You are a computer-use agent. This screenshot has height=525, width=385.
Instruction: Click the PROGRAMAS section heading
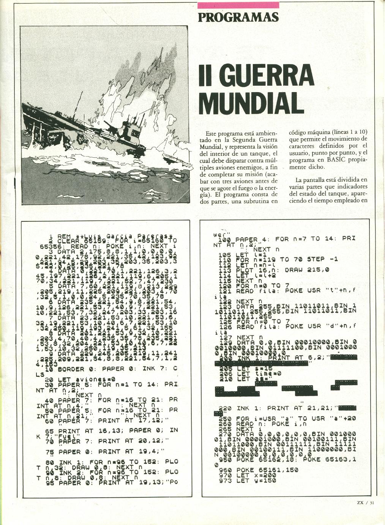238,17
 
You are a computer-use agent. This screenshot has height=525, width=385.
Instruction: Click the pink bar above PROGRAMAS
238,5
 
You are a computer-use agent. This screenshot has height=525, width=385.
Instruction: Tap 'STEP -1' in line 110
321,259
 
